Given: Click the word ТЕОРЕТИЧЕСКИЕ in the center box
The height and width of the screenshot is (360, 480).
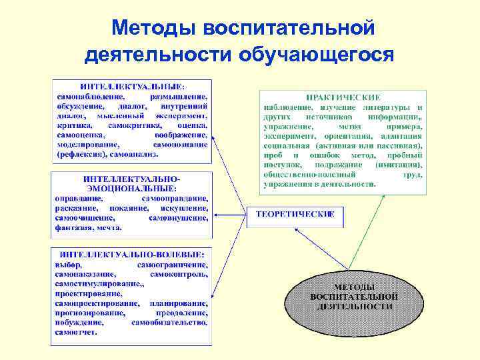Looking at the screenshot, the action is (296, 215).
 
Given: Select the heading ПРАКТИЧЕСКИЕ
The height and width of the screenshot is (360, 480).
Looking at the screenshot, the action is (343, 97).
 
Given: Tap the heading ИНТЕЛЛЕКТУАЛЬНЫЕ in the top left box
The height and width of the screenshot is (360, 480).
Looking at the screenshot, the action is (133, 87).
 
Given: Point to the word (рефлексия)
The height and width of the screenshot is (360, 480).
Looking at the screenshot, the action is (79, 153).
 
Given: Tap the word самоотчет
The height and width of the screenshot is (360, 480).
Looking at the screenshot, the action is (76, 331).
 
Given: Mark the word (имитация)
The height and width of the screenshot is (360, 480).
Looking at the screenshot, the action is (399, 164).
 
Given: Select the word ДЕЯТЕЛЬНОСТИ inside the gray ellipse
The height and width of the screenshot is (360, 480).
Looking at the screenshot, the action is (354, 306).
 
